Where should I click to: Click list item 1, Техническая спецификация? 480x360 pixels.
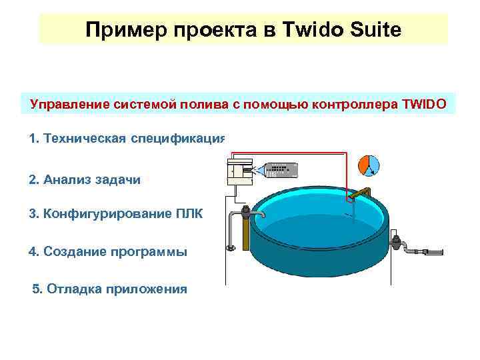pos(127,139)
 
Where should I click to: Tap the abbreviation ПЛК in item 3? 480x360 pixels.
pos(189,214)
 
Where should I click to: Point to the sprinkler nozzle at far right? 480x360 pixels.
pos(433,251)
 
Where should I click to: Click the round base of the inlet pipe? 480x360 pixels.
pos(231,249)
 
